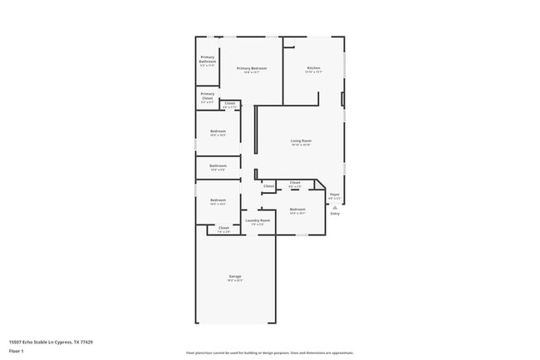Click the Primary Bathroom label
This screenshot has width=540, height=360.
click(207, 57)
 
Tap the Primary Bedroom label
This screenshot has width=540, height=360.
click(252, 68)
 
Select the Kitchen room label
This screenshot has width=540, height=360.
click(313, 67)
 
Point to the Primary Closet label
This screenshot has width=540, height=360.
click(207, 94)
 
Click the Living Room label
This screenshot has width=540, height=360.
click(301, 141)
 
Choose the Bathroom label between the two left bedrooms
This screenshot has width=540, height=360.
click(218, 165)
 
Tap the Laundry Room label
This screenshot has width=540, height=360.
click(258, 220)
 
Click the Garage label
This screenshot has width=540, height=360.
click(235, 276)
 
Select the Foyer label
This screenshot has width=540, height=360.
click(334, 195)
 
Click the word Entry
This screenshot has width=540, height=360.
click(335, 214)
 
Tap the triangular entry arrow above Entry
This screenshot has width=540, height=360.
click(335, 207)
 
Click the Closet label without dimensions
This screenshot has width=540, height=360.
click(268, 186)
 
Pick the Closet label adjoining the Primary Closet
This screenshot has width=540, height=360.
click(229, 103)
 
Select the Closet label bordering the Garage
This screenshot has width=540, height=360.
click(223, 227)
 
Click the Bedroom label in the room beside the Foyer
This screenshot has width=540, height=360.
click(297, 209)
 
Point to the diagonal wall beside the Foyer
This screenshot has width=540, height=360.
click(321, 185)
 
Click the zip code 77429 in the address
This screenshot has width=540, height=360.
click(86, 341)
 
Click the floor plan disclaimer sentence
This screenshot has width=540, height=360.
click(269, 353)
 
